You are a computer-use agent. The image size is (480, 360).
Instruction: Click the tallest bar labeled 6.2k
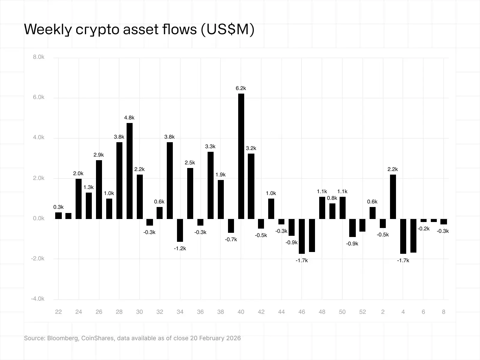pos(241,156)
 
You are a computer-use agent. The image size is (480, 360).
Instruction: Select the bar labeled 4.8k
pos(129,171)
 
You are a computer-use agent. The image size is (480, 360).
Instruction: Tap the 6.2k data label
pos(241,88)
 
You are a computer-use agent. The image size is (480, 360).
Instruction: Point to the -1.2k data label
pos(180,248)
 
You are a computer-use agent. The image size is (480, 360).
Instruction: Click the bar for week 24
pos(79,199)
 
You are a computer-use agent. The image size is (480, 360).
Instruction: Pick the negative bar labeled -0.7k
pos(231,226)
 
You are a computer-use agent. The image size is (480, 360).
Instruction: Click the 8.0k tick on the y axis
pos(39,57)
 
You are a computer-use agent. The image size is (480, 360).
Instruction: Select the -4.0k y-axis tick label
pos(38,299)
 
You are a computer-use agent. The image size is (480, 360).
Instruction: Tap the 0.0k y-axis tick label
pos(39,218)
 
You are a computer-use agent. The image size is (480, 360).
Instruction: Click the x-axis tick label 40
pos(241,312)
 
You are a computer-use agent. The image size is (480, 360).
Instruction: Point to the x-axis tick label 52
pos(362,312)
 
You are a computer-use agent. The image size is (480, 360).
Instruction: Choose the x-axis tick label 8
pos(443,312)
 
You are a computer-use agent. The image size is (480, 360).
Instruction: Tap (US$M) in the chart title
pos(227,29)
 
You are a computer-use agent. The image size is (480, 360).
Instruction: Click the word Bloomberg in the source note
pos(63,338)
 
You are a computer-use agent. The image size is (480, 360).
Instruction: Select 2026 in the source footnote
pos(234,338)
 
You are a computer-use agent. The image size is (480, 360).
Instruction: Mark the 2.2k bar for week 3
pos(393,196)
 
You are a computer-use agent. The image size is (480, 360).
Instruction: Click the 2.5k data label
pos(190,163)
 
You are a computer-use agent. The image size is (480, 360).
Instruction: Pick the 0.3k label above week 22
pos(58,207)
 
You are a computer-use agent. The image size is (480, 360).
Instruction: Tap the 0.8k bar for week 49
pos(332,211)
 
